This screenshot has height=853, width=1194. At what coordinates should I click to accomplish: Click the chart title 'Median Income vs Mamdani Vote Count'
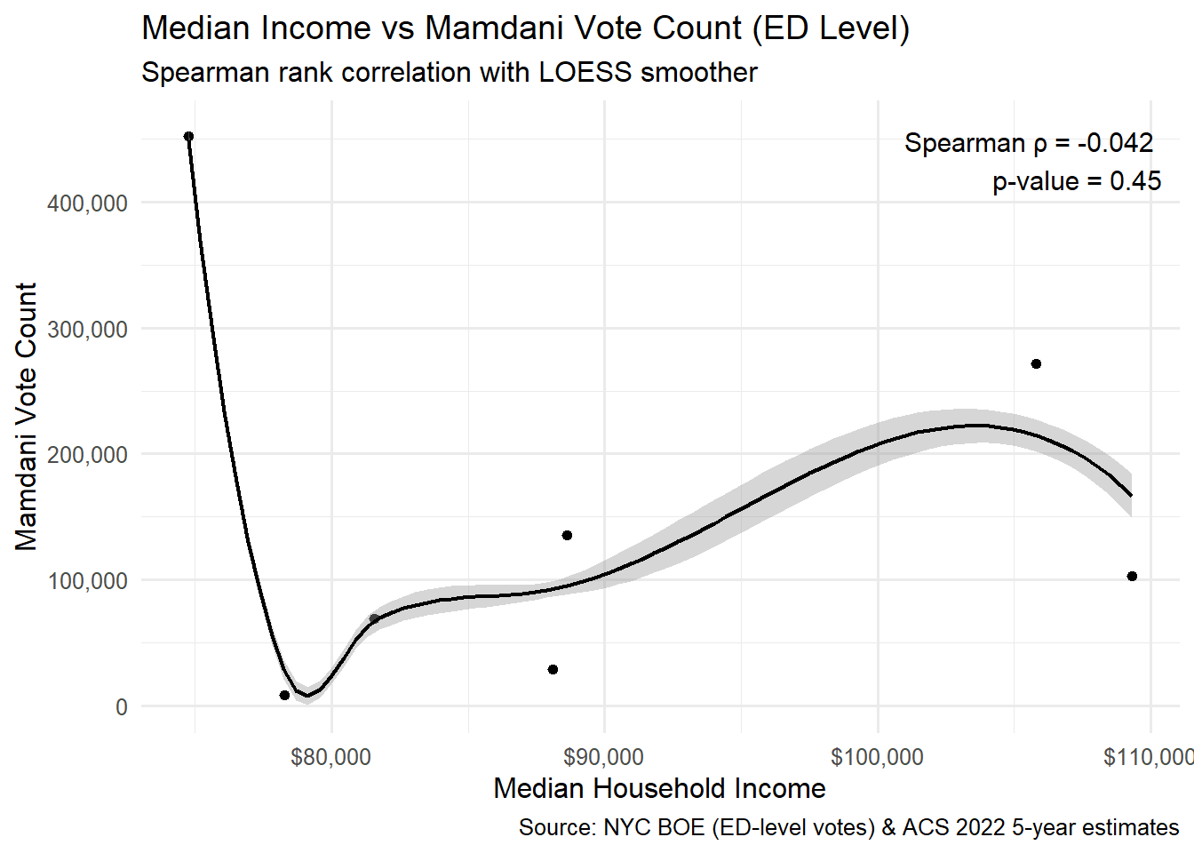(525, 28)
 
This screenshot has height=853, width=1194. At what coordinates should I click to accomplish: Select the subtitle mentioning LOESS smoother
(449, 72)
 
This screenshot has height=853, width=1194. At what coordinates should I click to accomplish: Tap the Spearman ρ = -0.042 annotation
(1028, 143)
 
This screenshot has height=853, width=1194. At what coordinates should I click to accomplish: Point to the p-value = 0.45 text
(1077, 181)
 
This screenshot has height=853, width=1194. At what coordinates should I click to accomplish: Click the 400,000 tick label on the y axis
(87, 203)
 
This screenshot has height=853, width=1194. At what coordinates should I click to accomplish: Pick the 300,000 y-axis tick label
(87, 330)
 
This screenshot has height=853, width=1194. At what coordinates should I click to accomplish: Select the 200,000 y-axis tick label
(87, 455)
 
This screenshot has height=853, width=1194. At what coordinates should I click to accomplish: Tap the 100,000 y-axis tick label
(87, 581)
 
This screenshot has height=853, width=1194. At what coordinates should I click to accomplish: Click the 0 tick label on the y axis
(121, 707)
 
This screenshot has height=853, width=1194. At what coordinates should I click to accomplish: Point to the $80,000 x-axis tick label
(330, 757)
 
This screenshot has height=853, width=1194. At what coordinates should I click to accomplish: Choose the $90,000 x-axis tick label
(603, 757)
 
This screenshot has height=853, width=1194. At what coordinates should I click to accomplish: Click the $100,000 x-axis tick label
(877, 757)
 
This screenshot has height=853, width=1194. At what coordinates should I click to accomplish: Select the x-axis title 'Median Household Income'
(659, 788)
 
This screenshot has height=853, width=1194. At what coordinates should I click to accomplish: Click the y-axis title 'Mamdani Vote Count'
(27, 417)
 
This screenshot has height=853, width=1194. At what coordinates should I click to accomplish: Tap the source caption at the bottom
(848, 828)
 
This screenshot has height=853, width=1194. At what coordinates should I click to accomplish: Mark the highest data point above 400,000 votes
(188, 137)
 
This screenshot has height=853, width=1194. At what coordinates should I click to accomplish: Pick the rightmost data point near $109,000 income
(1132, 577)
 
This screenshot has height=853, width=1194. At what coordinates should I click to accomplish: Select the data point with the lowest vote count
(284, 695)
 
